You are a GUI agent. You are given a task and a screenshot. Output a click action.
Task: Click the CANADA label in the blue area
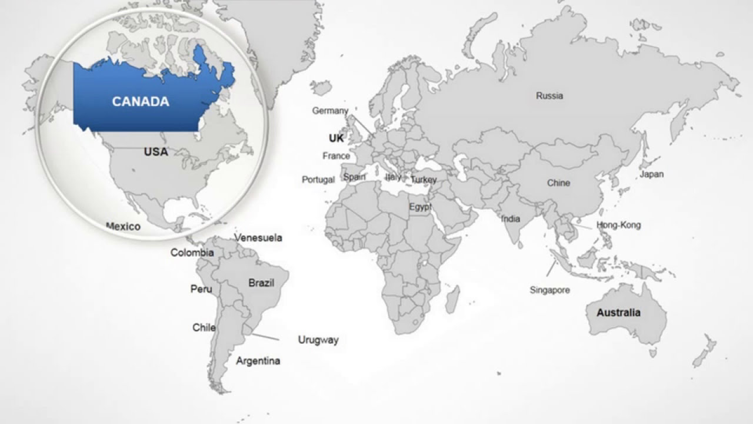(x=141, y=101)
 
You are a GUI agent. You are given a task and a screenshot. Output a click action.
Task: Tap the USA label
(x=156, y=152)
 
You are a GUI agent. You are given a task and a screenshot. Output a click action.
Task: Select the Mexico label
(x=123, y=227)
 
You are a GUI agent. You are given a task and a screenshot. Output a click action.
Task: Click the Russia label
(x=549, y=95)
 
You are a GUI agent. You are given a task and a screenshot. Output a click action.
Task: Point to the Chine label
(x=558, y=183)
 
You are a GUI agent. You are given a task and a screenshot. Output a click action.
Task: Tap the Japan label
(x=651, y=174)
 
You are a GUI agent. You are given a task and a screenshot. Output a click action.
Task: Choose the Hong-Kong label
(x=618, y=225)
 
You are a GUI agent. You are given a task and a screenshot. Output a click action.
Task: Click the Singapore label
(x=549, y=290)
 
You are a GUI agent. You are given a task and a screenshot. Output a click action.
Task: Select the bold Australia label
(x=618, y=313)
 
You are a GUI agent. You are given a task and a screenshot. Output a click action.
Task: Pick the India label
(x=511, y=218)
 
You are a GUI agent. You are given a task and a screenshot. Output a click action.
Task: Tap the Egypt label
(x=420, y=207)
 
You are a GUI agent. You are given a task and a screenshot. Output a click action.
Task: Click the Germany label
(x=330, y=111)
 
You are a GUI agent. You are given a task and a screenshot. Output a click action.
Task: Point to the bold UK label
(x=336, y=138)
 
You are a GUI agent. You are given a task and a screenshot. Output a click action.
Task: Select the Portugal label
(x=318, y=180)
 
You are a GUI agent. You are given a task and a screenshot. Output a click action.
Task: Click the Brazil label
(x=261, y=283)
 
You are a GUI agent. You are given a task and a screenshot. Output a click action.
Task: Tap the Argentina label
(x=258, y=361)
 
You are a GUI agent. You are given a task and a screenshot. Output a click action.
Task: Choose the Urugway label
(x=318, y=340)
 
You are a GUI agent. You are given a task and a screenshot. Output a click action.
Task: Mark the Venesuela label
(x=258, y=238)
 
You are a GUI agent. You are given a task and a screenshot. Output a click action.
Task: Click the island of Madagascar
(x=452, y=299)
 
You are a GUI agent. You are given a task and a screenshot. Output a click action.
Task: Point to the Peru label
(x=201, y=289)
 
